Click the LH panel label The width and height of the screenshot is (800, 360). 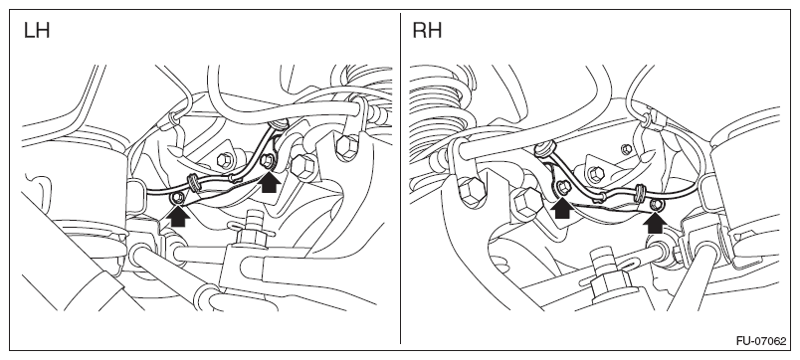[x=36, y=31]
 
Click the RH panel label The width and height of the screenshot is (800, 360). [x=427, y=31]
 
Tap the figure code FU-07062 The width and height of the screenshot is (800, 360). [x=761, y=341]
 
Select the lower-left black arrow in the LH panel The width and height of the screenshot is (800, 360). [x=178, y=216]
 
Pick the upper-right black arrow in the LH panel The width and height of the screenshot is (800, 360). [x=269, y=182]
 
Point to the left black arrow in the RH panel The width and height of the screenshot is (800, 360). [x=562, y=208]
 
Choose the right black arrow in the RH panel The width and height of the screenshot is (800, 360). [x=655, y=223]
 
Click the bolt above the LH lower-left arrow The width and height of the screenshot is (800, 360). [x=178, y=197]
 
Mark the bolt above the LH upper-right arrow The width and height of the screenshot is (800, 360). [x=267, y=162]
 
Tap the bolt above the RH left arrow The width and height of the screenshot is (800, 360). [x=563, y=187]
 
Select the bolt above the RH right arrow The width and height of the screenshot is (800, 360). [x=657, y=205]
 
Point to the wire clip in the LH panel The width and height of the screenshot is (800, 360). [x=194, y=182]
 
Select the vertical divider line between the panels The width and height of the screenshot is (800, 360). [x=401, y=178]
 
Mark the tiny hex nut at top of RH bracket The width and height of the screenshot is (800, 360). [x=627, y=149]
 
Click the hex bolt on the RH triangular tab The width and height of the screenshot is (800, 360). [x=595, y=175]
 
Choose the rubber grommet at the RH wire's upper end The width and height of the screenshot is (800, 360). [x=543, y=149]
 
